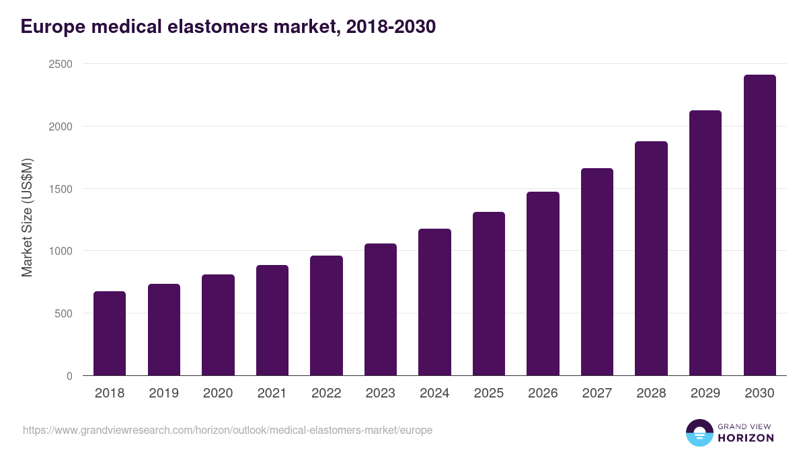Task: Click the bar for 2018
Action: [110, 334]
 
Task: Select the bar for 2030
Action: [759, 225]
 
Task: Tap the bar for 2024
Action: [434, 302]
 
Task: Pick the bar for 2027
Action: [597, 272]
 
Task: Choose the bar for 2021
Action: [272, 320]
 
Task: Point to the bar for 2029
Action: [705, 243]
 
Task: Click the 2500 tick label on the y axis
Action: [60, 64]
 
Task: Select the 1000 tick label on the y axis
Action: [60, 251]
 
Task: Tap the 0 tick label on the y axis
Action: [69, 376]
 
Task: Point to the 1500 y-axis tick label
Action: [60, 189]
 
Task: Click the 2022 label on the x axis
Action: [326, 393]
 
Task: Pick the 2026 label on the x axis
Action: [543, 393]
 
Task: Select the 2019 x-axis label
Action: [164, 393]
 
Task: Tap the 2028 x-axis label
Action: [651, 393]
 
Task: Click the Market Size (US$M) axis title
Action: [27, 218]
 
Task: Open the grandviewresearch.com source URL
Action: [227, 430]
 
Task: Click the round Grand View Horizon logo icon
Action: [699, 432]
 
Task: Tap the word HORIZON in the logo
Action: [746, 438]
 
